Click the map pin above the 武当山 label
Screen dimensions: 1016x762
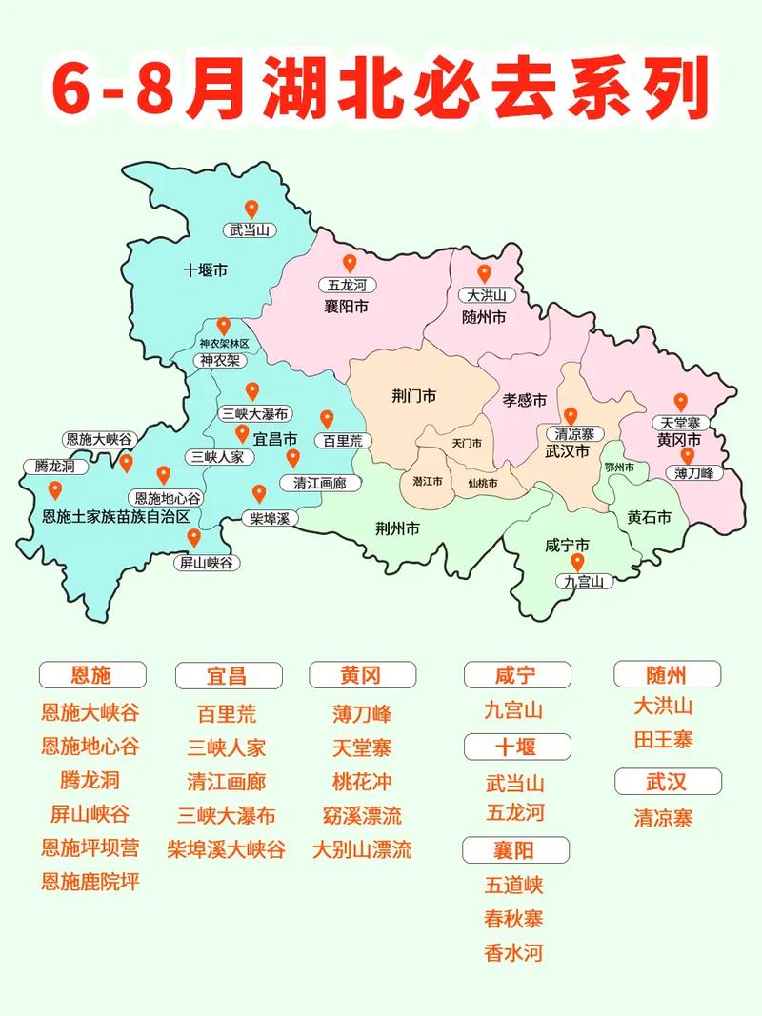pos(251,209)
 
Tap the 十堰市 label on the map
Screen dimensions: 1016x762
pos(205,270)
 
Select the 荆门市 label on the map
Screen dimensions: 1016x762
pos(413,395)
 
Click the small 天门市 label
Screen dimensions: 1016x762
pos(467,444)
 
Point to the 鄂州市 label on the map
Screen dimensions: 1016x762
pos(619,468)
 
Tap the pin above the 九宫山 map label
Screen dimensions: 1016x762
pos(577,562)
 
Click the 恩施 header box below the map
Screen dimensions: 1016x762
pos(91,675)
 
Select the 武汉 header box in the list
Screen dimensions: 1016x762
pos(666,782)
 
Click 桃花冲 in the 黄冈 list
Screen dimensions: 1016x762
pos(362,782)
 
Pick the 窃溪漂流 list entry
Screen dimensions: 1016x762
pos(362,815)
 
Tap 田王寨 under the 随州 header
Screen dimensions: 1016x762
pos(664,739)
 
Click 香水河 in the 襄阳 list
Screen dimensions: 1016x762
pos(513,952)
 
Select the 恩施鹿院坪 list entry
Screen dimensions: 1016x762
pos(90,882)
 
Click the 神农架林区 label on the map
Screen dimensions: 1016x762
pos(224,343)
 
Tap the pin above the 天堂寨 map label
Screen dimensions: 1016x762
pos(680,403)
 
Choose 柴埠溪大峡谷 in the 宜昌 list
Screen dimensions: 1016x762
pos(226,849)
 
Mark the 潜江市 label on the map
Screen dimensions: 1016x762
pos(428,482)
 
